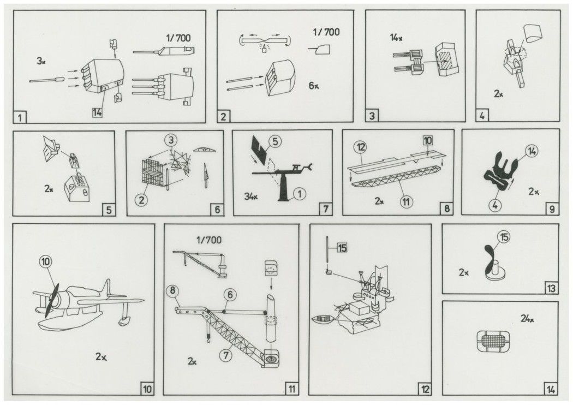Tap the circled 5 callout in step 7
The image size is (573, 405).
pyautogui.click(x=276, y=141)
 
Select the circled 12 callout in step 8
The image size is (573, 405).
pyautogui.click(x=360, y=147)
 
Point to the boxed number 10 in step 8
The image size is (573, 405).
pyautogui.click(x=427, y=140)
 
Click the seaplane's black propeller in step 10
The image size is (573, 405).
pyautogui.click(x=50, y=301)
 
